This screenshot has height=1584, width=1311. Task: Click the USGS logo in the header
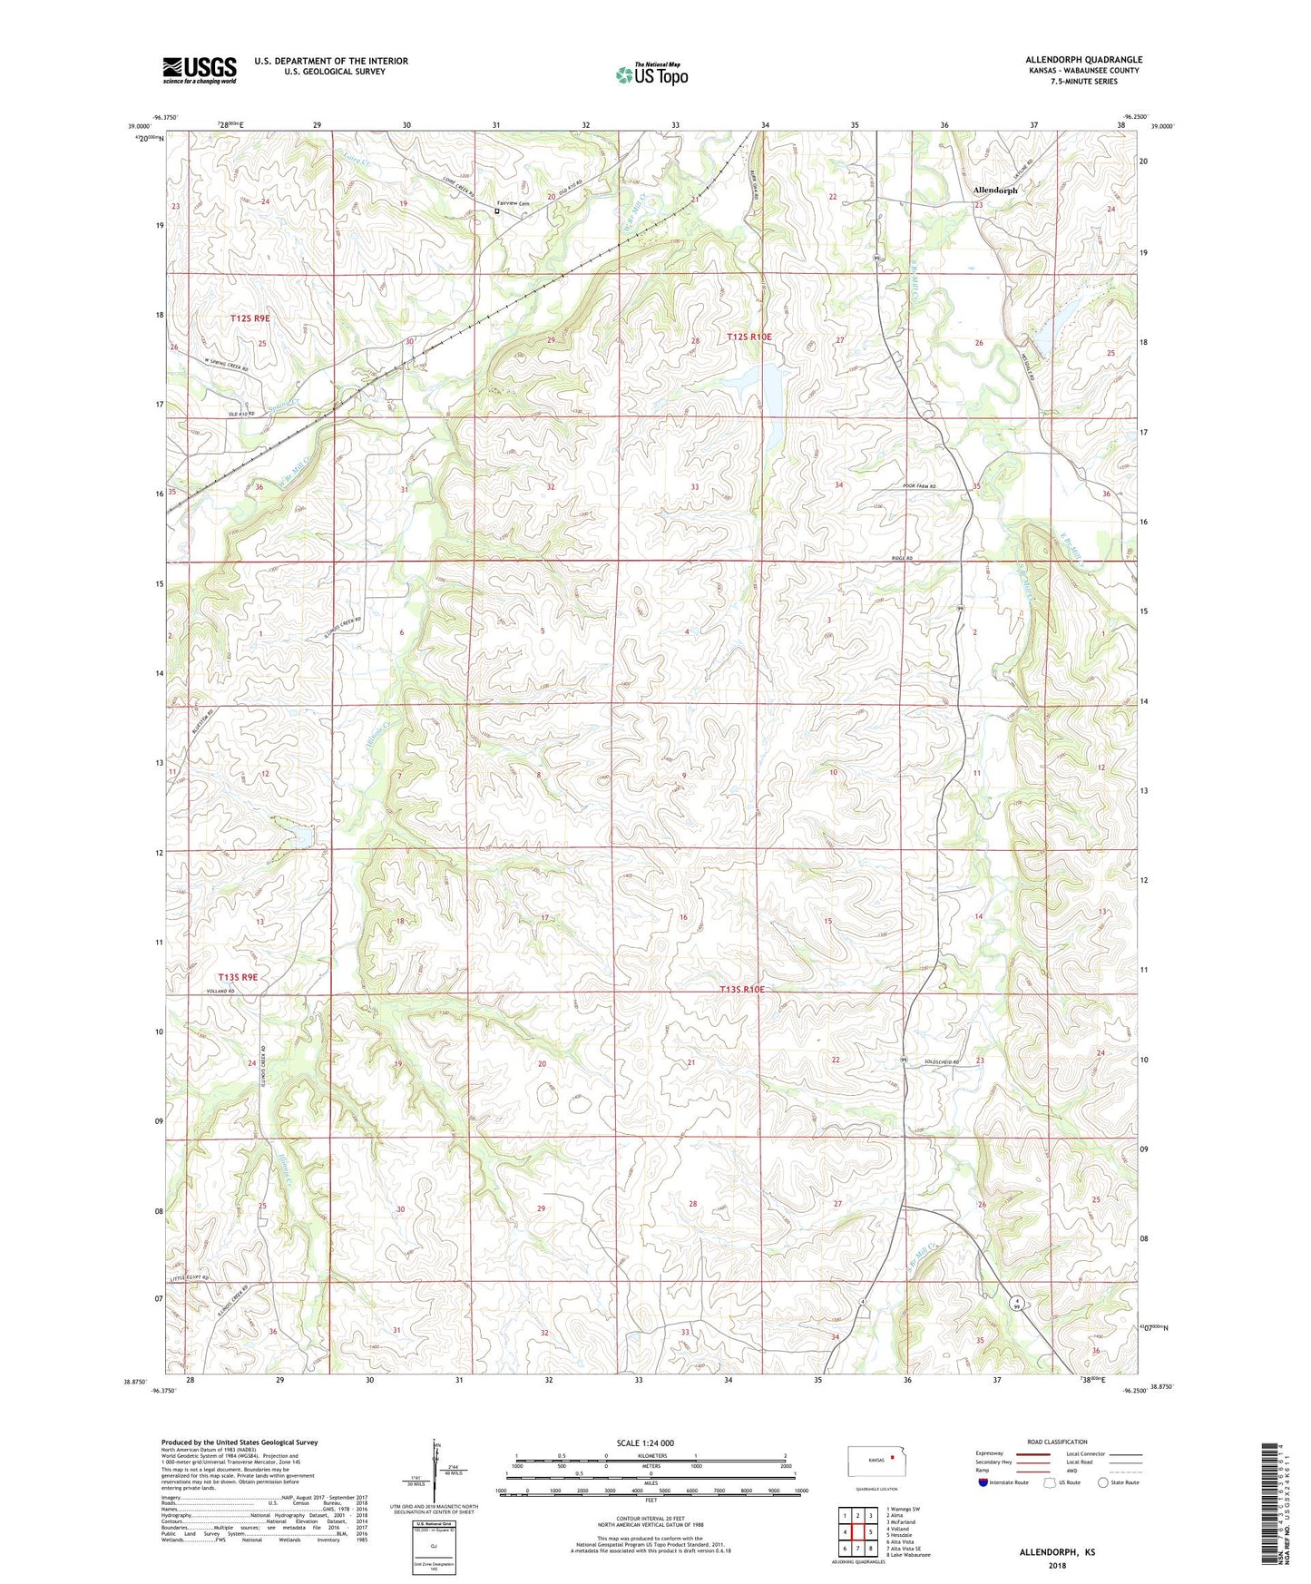click(x=200, y=70)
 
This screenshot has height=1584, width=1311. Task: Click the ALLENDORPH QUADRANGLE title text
click(x=1083, y=60)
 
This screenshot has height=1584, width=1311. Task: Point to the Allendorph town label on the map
click(x=995, y=191)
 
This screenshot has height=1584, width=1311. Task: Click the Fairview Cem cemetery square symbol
click(x=496, y=211)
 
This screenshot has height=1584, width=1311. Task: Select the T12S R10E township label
click(x=749, y=337)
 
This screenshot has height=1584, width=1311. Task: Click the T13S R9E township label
click(x=239, y=977)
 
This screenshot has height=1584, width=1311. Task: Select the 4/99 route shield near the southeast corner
click(x=1019, y=1303)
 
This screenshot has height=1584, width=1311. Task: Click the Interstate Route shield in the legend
click(x=983, y=1481)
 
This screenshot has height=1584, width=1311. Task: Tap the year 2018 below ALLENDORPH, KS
click(x=1057, y=1566)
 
